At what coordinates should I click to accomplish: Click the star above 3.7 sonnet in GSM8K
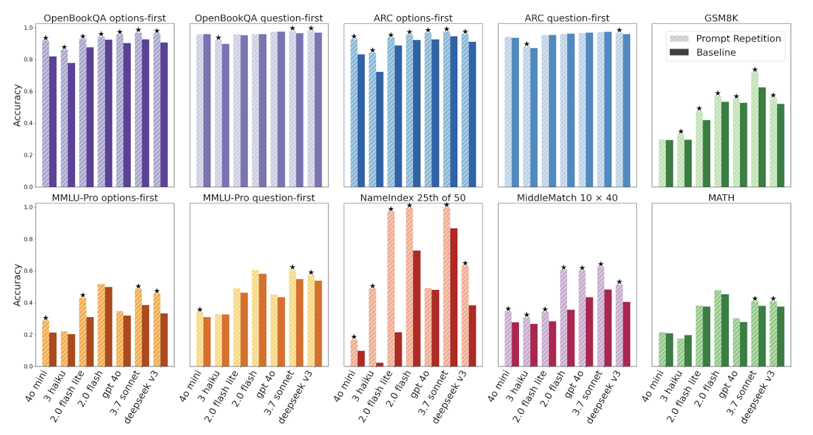[754, 70]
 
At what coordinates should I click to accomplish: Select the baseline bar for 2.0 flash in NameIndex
[417, 308]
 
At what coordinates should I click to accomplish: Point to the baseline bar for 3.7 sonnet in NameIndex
[454, 297]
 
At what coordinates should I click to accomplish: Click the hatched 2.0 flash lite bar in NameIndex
[391, 289]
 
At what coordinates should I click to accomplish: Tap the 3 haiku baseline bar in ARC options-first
[380, 129]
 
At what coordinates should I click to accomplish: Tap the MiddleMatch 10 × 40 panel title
[567, 198]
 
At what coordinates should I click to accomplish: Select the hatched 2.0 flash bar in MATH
[717, 328]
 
